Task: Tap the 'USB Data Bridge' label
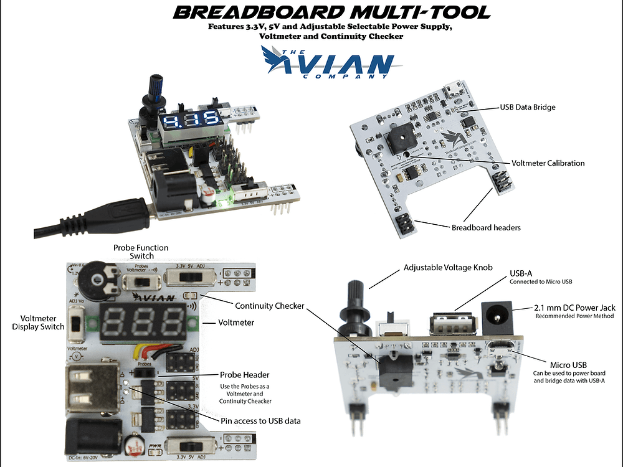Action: point(527,107)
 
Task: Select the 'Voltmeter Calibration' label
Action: point(548,163)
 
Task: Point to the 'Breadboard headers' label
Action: point(486,227)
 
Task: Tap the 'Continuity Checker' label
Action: point(269,306)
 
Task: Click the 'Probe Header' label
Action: point(245,375)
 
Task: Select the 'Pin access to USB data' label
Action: point(260,421)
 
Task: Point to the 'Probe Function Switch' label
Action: point(140,252)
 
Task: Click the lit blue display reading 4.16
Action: point(188,120)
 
